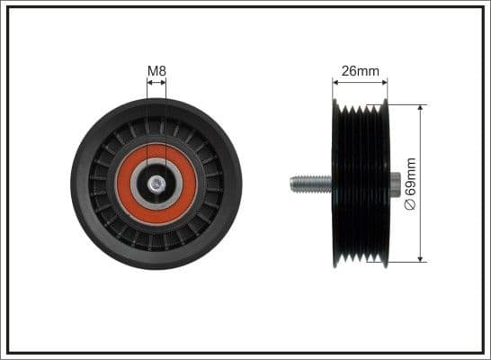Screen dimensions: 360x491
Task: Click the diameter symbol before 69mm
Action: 412,205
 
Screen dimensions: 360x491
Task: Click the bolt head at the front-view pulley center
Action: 156,184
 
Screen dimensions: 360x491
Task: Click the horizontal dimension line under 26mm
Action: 362,82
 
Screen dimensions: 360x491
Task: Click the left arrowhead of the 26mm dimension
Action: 335,82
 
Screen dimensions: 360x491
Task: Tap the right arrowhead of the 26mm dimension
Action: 388,82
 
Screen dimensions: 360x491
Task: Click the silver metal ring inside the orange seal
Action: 143,184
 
